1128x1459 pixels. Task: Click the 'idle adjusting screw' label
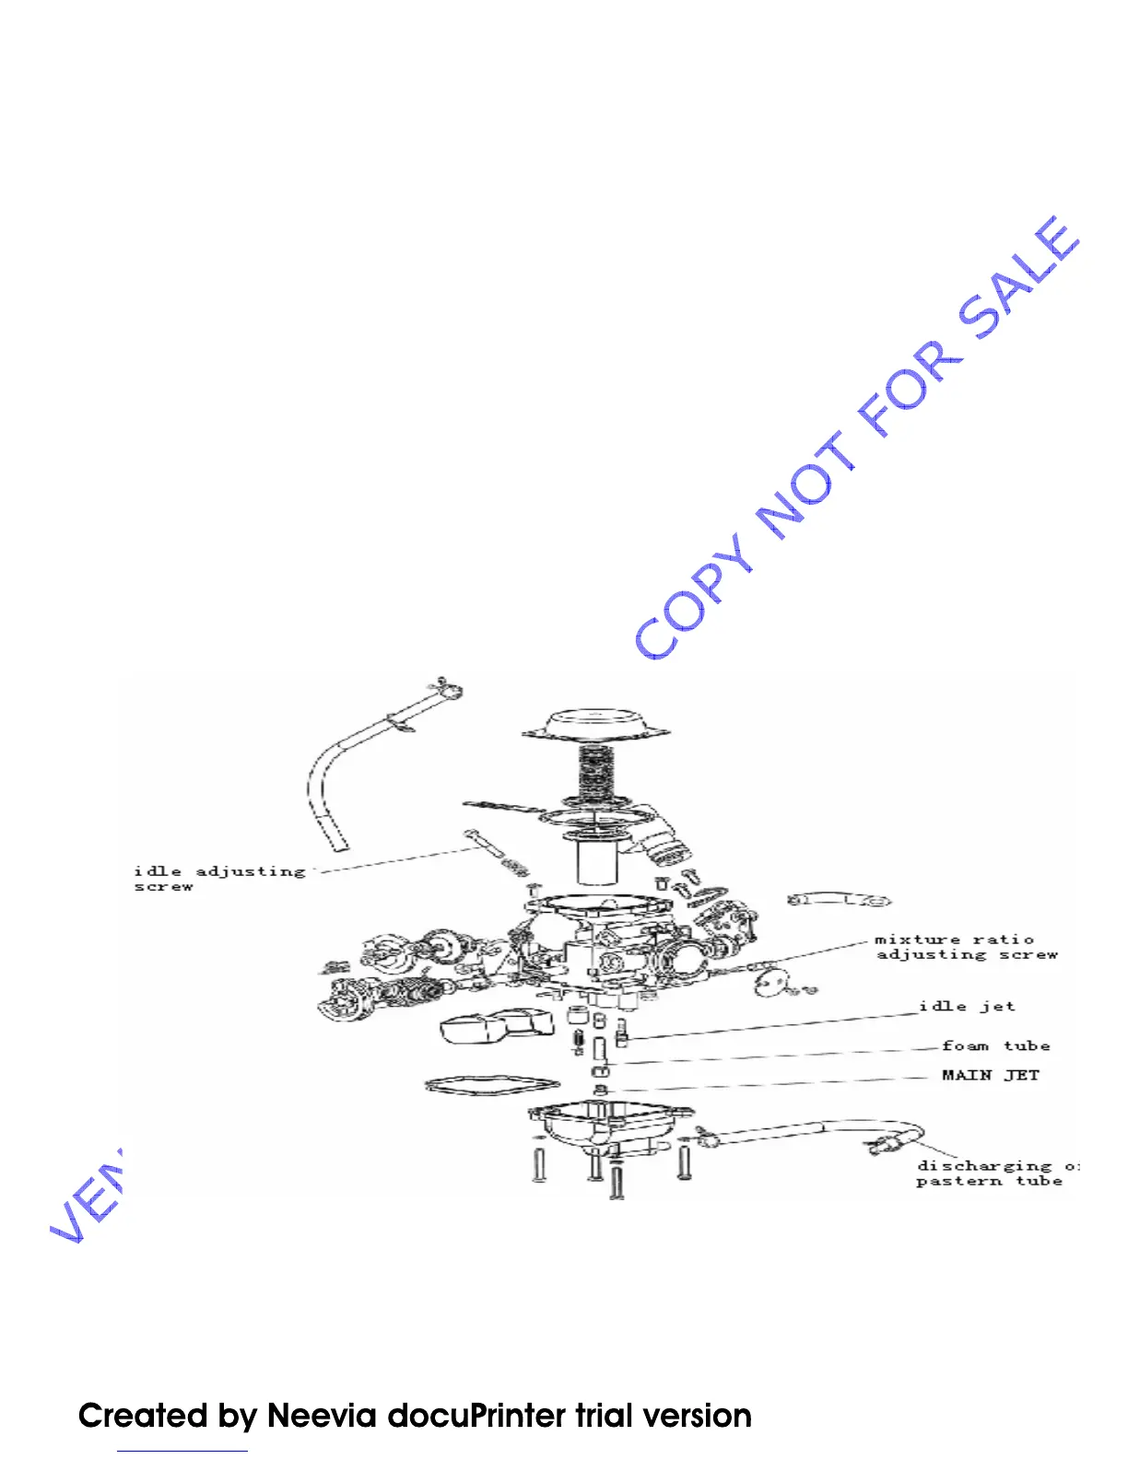(218, 878)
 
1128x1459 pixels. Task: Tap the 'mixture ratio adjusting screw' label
(966, 947)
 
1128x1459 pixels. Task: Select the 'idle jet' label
(967, 1006)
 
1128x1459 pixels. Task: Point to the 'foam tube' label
(995, 1045)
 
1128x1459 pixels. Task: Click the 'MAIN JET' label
(990, 1075)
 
